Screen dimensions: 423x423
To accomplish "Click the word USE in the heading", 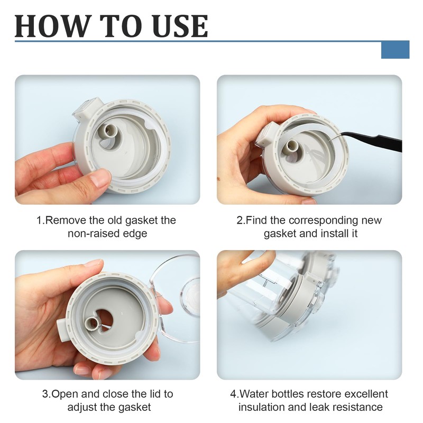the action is point(180,26).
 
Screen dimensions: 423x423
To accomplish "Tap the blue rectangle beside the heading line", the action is point(395,50).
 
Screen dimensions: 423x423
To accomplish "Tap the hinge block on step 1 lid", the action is point(87,109).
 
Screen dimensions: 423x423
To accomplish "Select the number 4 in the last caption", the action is point(233,394).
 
